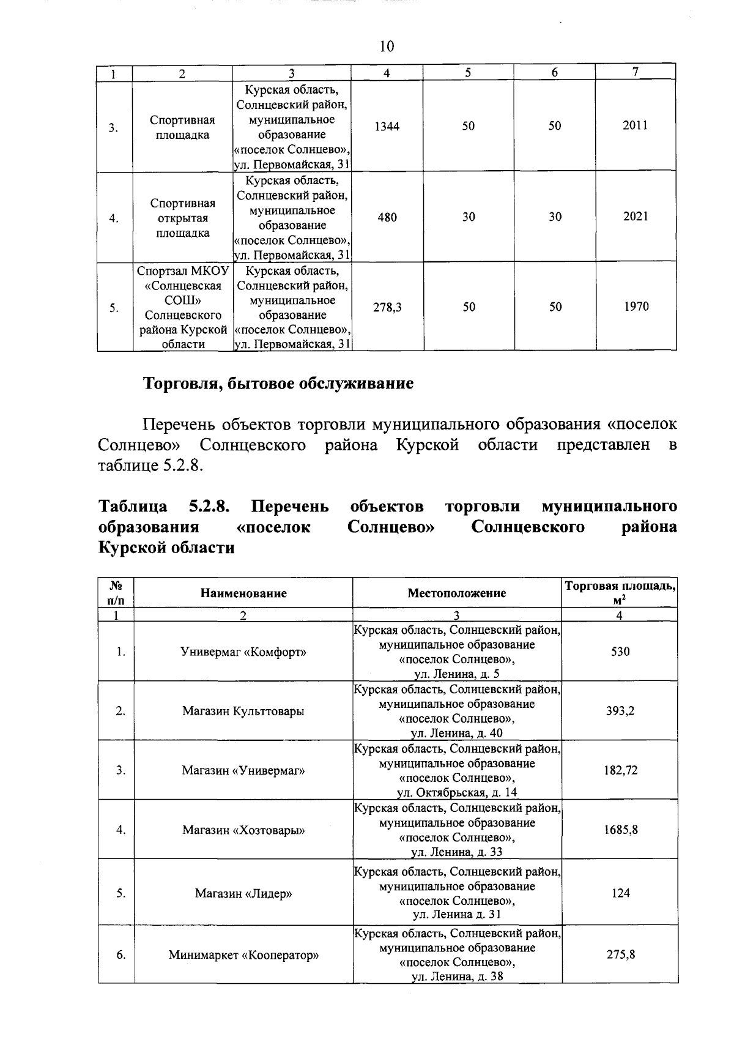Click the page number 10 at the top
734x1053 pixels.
click(387, 47)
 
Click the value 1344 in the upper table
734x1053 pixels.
click(387, 126)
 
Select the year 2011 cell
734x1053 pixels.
click(636, 125)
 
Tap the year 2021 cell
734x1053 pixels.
click(636, 217)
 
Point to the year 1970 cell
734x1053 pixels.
click(636, 307)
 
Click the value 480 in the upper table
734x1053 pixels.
click(387, 217)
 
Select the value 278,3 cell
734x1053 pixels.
click(387, 308)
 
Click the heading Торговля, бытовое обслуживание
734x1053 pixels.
click(278, 384)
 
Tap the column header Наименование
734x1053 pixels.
click(243, 593)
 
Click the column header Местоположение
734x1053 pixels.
click(457, 593)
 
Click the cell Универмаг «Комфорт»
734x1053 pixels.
click(243, 652)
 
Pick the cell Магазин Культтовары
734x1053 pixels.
click(243, 711)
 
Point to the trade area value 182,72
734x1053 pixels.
click(620, 770)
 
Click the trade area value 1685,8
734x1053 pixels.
click(620, 830)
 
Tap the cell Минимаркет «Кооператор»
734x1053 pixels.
click(243, 954)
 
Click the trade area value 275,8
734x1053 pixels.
click(620, 954)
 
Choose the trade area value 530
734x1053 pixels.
click(620, 652)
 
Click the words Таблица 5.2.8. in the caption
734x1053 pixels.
click(165, 507)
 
